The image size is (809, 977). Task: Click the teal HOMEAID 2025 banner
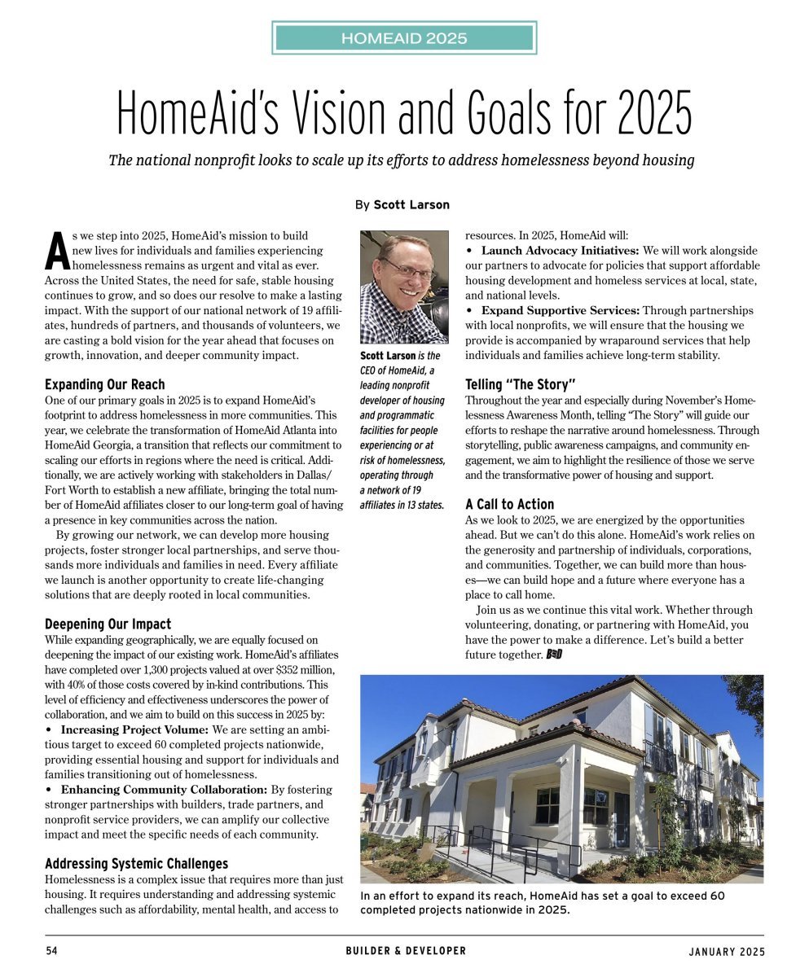[404, 38]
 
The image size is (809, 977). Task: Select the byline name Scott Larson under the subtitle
[411, 204]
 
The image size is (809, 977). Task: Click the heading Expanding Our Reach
[104, 384]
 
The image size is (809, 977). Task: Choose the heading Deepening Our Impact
[108, 624]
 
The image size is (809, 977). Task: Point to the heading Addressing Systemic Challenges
[136, 864]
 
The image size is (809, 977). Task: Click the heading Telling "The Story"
[521, 384]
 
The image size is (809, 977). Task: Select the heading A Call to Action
[509, 504]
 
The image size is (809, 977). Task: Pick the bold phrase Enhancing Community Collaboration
[164, 790]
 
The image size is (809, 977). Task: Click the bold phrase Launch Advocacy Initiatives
[560, 250]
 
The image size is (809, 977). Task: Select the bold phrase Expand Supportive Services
[560, 310]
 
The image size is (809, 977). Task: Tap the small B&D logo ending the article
[555, 655]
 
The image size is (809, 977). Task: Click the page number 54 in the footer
[51, 951]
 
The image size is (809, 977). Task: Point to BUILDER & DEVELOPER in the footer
[405, 951]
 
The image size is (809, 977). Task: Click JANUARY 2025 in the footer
[726, 951]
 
